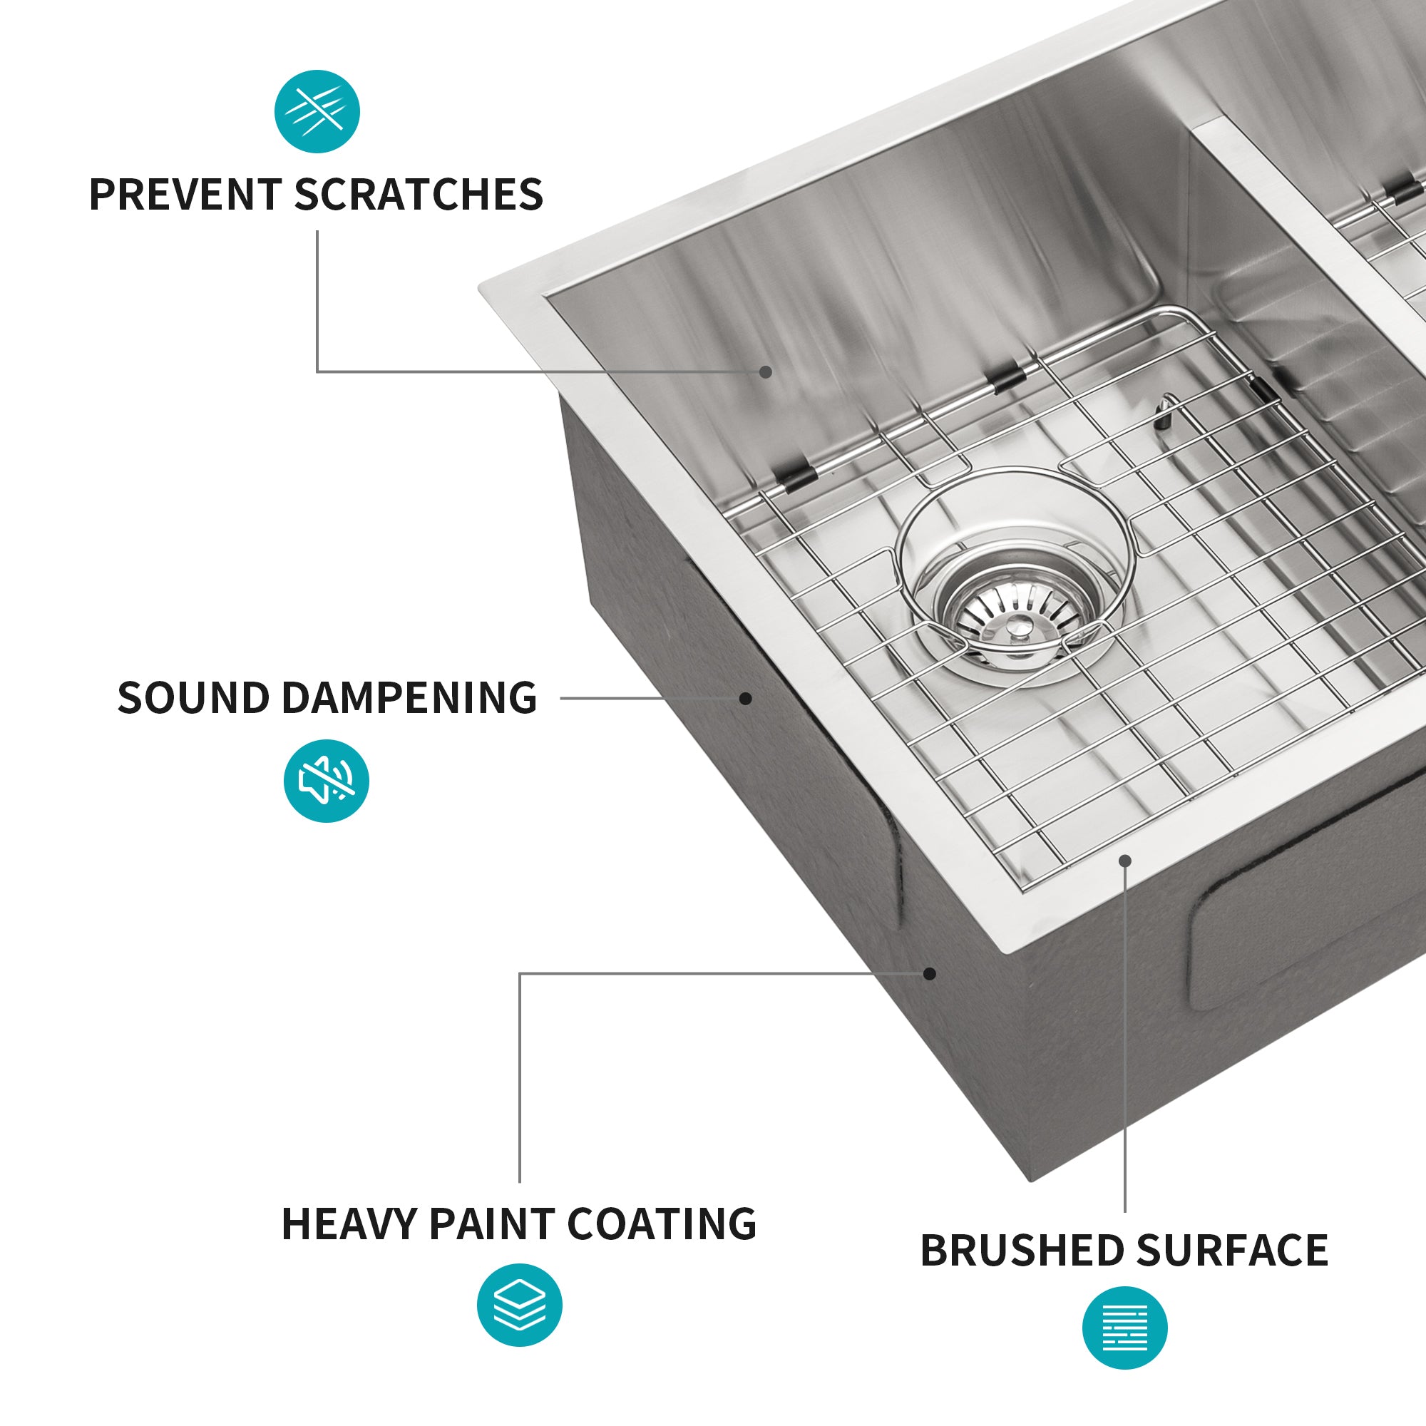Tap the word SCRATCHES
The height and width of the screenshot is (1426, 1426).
pyautogui.click(x=419, y=195)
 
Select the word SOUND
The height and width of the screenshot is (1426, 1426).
pyautogui.click(x=193, y=698)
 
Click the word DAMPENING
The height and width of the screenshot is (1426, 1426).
pyautogui.click(x=410, y=698)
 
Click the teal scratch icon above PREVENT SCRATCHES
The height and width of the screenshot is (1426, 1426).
pyautogui.click(x=317, y=111)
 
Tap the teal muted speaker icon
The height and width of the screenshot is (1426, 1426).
pyautogui.click(x=327, y=781)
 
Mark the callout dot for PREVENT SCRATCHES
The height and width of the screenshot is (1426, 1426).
pyautogui.click(x=766, y=372)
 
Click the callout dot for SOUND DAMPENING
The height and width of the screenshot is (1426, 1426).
pyautogui.click(x=747, y=698)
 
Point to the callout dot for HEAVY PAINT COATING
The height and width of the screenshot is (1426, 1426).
pyautogui.click(x=930, y=973)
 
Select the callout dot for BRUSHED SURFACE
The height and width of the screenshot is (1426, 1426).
pyautogui.click(x=1125, y=861)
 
